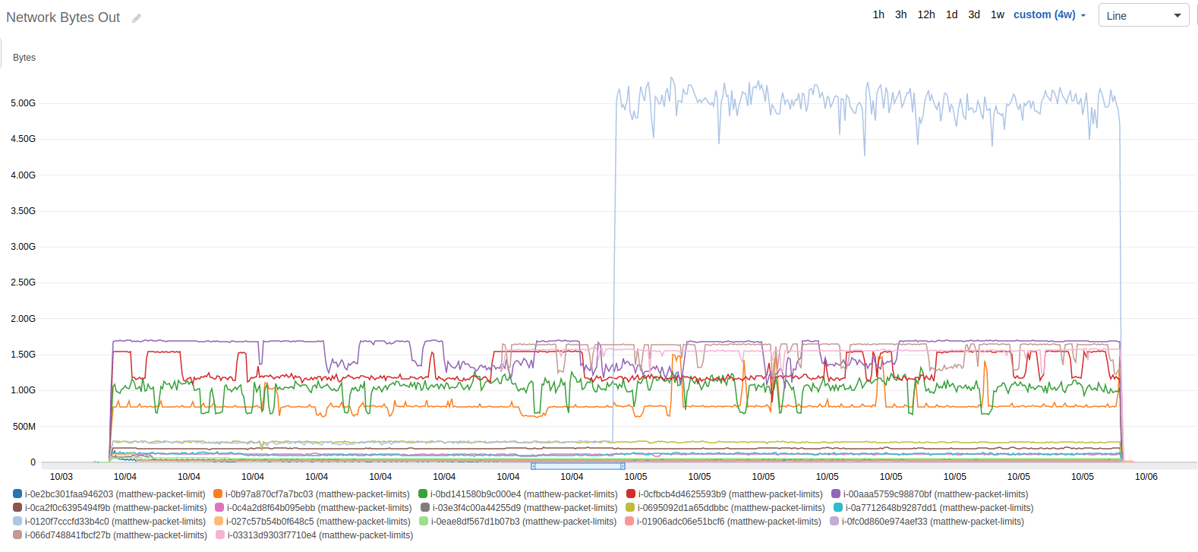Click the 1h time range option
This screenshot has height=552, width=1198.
(878, 14)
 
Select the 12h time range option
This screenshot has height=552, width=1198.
(925, 14)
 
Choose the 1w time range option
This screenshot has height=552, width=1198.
(997, 14)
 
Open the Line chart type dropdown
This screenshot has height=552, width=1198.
(1143, 16)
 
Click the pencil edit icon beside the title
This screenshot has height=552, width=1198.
(137, 18)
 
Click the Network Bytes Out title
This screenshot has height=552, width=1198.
(63, 17)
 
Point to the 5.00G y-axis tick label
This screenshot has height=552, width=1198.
(23, 103)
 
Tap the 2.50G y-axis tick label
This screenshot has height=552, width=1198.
(23, 282)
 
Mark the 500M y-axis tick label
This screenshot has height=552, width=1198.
(24, 427)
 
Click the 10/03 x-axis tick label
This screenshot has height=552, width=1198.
(61, 477)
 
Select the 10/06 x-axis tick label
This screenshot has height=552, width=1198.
(1146, 477)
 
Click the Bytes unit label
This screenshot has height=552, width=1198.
(24, 58)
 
